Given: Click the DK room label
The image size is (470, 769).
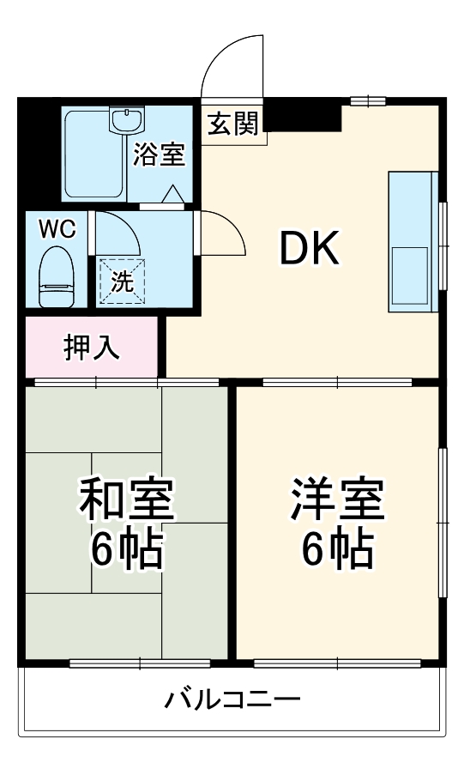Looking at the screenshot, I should coord(310,249).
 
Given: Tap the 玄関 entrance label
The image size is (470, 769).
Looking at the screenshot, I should coord(232,124).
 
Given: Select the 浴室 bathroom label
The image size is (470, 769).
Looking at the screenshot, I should coord(160,155).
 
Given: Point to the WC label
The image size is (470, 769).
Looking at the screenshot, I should coord(57,229).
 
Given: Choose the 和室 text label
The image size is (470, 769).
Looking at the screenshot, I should coord(127,500).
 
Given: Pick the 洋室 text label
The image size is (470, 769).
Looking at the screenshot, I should coord(336,500).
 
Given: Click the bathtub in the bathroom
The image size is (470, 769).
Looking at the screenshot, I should coord(95,154).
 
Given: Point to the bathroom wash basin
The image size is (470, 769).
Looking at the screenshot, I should coord(126,120).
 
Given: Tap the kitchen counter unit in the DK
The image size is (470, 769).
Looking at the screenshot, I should coord(413,242).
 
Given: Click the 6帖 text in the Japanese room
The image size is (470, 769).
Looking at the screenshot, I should coord(127,551).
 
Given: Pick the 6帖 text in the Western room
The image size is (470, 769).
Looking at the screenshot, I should coord(336,551).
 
